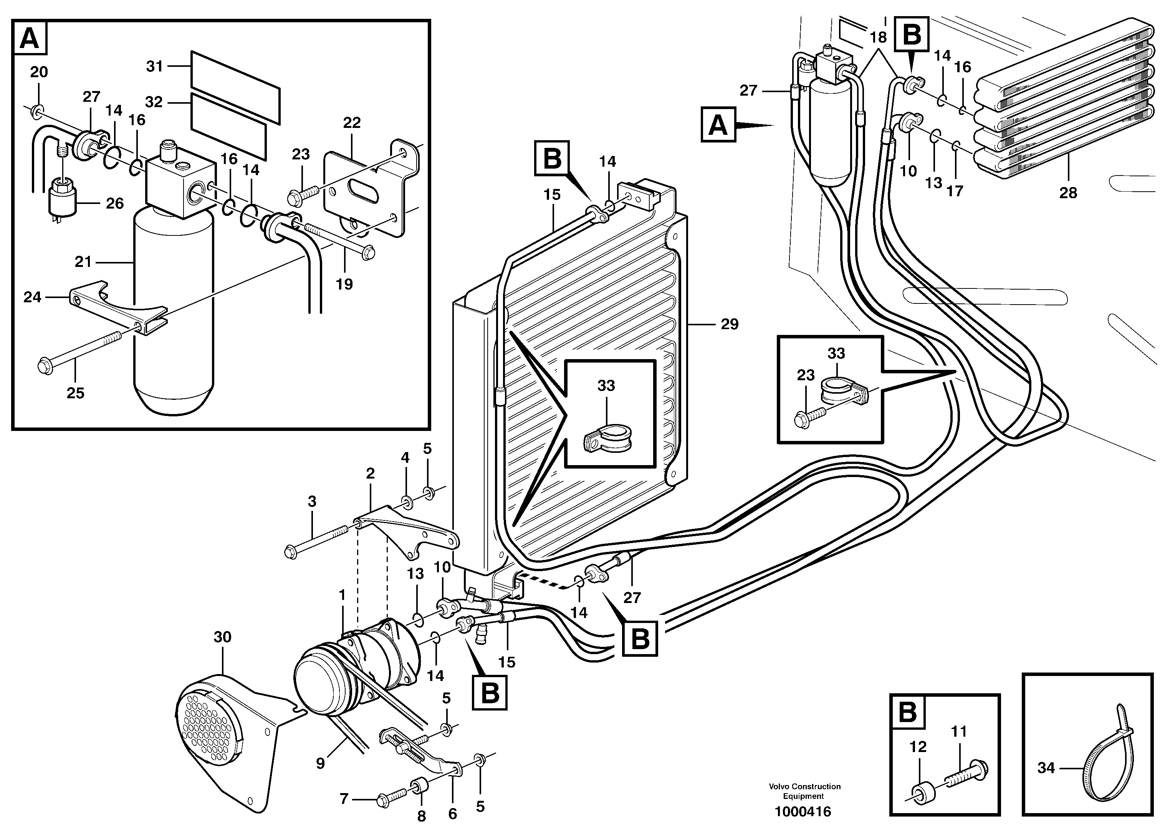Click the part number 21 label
83,262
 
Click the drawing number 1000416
803,811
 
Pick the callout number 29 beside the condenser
729,324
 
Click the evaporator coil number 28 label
1068,193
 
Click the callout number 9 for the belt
320,764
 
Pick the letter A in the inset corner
30,38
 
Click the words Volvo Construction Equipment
804,791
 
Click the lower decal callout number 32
154,102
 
